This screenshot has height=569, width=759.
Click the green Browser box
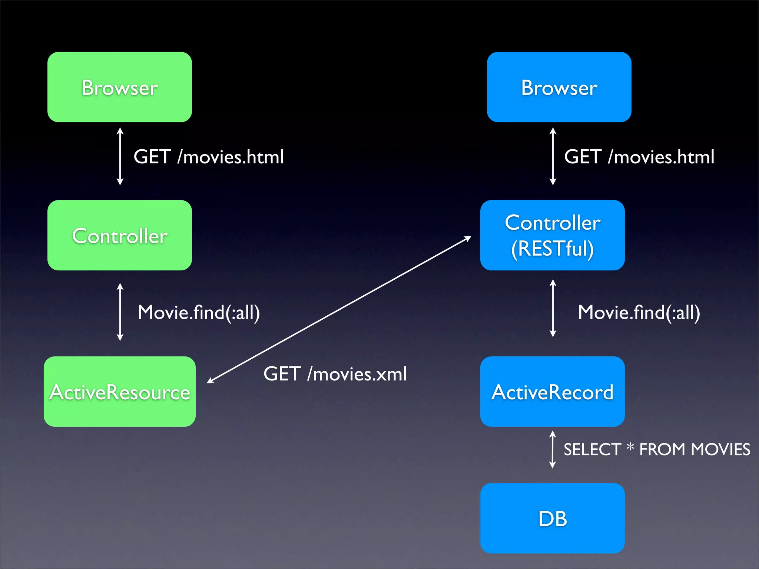click(x=120, y=87)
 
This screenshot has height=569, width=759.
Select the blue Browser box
click(x=559, y=87)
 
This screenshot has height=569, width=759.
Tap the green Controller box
click(x=120, y=235)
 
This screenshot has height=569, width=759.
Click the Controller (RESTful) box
click(x=552, y=235)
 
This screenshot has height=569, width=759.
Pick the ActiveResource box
click(x=120, y=392)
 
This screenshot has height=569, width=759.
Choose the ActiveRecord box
click(x=552, y=392)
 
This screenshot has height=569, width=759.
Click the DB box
click(x=552, y=518)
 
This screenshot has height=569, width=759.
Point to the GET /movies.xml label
click(x=335, y=374)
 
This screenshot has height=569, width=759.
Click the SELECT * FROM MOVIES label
click(x=657, y=449)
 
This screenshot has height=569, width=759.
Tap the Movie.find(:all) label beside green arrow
click(x=199, y=312)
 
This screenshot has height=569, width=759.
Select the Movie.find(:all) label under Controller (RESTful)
click(x=639, y=312)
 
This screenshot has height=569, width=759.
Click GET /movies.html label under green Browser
click(x=209, y=157)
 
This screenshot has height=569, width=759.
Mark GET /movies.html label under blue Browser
click(x=639, y=157)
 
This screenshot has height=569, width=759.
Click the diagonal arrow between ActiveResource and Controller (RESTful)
click(x=339, y=310)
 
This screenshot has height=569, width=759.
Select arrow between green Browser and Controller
click(x=120, y=156)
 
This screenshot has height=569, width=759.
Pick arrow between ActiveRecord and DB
click(x=552, y=449)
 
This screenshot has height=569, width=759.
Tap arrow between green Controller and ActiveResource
click(x=120, y=312)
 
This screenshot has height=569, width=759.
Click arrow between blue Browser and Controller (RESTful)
click(x=553, y=156)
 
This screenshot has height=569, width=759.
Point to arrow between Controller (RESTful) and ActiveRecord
click(x=553, y=308)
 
